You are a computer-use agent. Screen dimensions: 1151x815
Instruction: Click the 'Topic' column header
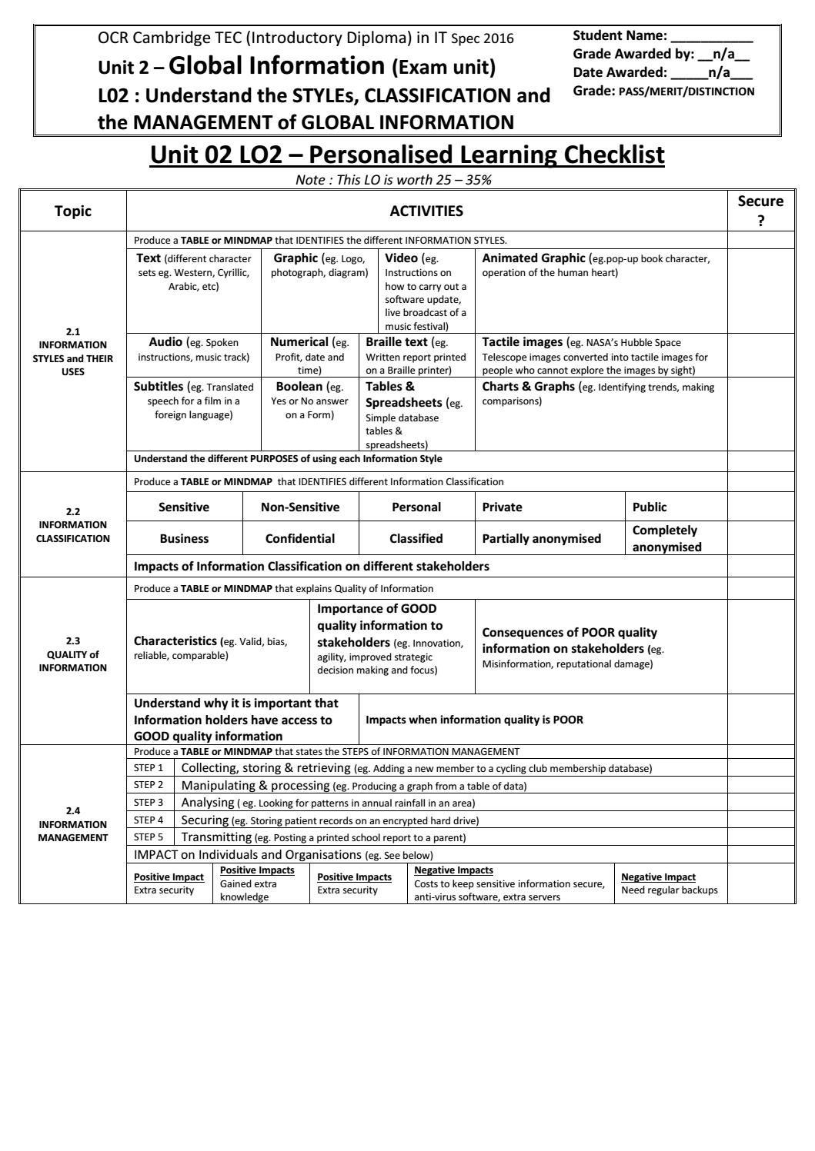(x=73, y=211)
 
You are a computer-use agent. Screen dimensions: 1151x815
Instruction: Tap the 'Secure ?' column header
(x=760, y=210)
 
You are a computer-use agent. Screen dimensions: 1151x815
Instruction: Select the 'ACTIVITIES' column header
(x=426, y=211)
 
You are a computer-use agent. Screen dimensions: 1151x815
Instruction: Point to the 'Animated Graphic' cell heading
(x=534, y=258)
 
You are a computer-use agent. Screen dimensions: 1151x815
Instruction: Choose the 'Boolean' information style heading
(x=299, y=387)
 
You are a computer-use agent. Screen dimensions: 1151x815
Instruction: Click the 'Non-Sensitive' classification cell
(x=300, y=507)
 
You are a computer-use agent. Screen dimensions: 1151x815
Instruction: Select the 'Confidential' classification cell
(x=300, y=538)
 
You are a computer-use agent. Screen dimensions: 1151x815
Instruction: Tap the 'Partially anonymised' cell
(x=542, y=538)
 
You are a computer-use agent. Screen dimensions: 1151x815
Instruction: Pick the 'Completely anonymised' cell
(x=666, y=538)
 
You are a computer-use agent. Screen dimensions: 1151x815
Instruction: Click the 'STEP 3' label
(x=149, y=803)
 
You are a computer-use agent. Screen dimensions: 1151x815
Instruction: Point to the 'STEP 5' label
(x=149, y=837)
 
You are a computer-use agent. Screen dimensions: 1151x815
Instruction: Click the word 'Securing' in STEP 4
(x=205, y=820)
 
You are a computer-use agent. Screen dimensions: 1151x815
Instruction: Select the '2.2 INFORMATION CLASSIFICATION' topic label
(x=73, y=524)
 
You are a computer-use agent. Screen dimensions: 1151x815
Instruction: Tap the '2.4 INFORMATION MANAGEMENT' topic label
(x=73, y=823)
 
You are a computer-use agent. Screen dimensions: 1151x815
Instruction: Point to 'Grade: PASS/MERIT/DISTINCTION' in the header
(x=663, y=91)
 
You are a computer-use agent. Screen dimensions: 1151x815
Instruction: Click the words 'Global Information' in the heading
(x=276, y=66)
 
